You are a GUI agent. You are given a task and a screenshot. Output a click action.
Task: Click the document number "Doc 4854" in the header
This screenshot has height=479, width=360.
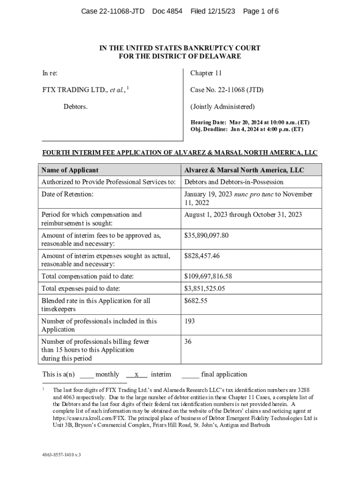[167, 11]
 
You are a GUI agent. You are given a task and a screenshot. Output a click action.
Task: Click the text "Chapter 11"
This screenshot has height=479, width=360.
[206, 73]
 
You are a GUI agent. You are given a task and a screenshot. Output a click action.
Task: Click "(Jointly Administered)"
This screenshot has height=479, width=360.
[223, 106]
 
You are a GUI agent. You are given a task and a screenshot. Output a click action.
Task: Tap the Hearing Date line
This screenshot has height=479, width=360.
[250, 123]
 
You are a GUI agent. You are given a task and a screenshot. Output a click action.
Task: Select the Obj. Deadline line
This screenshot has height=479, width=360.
[246, 129]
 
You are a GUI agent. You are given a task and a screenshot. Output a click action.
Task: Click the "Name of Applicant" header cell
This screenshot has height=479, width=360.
[70, 170]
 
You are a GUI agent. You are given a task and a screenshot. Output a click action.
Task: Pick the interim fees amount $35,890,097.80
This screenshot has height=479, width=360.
[206, 235]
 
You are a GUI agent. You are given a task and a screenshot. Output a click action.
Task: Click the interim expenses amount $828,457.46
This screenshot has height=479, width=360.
[202, 256]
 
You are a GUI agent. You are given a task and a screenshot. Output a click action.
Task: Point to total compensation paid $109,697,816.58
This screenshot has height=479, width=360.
[208, 276]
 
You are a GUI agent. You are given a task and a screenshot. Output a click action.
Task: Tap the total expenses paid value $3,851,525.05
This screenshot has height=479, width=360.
[205, 289]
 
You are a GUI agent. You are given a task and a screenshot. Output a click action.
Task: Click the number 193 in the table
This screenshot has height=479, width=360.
[189, 321]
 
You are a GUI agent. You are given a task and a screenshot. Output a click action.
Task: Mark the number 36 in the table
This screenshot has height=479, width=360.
[187, 342]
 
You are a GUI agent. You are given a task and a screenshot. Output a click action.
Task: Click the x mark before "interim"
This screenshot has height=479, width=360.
[137, 374]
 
